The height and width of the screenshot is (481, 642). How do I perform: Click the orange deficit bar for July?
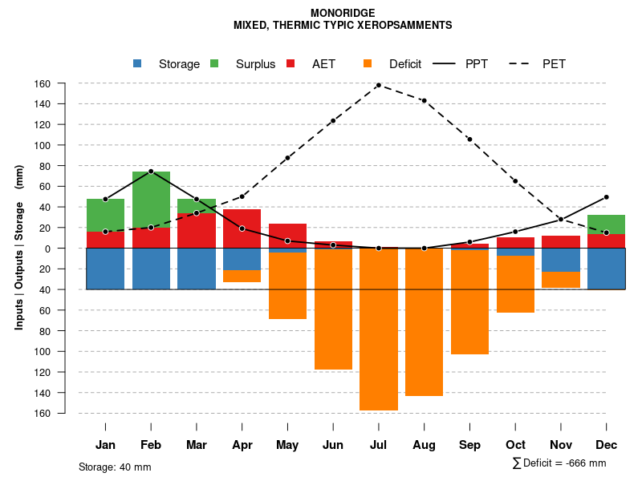(379, 329)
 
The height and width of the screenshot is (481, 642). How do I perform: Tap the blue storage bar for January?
(105, 269)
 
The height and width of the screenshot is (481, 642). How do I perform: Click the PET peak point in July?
(378, 85)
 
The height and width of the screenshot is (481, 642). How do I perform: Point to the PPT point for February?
(151, 172)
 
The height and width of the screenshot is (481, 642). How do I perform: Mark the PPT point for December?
(606, 196)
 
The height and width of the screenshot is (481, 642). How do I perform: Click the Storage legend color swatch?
(137, 63)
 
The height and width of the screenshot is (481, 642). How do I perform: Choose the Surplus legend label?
(255, 64)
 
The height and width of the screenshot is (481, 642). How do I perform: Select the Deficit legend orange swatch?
(368, 63)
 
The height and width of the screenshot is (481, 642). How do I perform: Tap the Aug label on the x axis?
(424, 445)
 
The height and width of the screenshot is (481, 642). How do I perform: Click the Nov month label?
(560, 445)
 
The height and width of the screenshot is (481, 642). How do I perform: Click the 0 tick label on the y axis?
(69, 249)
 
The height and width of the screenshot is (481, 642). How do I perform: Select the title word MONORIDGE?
(342, 13)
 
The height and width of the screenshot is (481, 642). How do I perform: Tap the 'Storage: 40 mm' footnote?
(115, 467)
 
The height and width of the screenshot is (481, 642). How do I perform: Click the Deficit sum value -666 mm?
(585, 463)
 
